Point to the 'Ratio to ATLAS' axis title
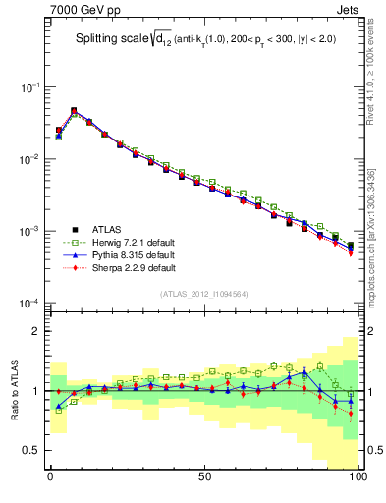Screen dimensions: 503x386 click(x=14, y=391)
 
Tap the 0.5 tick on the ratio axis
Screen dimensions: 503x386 click(x=31, y=450)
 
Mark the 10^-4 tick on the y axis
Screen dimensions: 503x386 click(x=28, y=303)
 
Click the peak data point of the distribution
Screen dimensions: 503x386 click(x=74, y=111)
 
